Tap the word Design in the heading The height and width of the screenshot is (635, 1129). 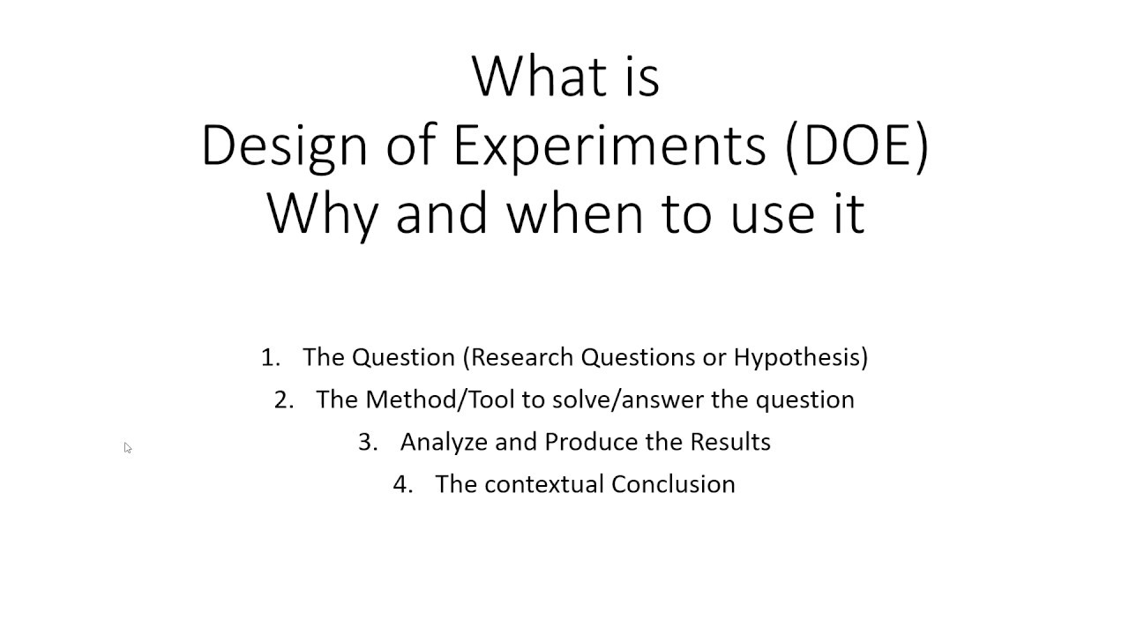[284, 146]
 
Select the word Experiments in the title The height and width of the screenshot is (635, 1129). [609, 146]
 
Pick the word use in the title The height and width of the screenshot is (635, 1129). [770, 213]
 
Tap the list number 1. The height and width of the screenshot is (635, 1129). [269, 357]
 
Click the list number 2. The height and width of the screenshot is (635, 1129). [282, 400]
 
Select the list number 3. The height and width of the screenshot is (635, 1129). [367, 442]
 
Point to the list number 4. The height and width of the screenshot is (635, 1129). [402, 484]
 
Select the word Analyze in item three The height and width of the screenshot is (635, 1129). [444, 442]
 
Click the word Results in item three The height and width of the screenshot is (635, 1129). [729, 442]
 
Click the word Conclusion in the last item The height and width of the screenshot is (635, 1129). [673, 484]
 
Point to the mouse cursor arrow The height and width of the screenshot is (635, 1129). [127, 448]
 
